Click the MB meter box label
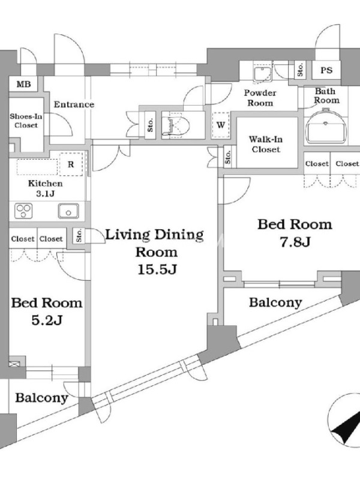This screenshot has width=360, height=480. coord(23,84)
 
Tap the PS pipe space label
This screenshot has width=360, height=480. coord(326,70)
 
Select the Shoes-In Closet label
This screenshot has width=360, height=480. coord(26,121)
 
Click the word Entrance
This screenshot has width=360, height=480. coord(74,104)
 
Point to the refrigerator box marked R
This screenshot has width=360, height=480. coord(71,164)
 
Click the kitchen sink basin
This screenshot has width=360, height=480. coord(68,211)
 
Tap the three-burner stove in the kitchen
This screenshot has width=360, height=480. coord(23,211)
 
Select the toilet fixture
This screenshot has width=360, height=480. coord(175,125)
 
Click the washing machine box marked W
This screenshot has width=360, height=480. coord(221,125)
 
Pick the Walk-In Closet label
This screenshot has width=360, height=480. coord(265,144)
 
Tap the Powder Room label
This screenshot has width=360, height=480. coord(260,98)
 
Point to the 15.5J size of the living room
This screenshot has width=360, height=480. coord(157,269)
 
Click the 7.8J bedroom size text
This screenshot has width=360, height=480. coord(295,242)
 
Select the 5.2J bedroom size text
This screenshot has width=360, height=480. coord(47,320)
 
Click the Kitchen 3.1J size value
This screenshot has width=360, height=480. coord(46,193)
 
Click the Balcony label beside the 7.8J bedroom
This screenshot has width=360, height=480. coord(275,303)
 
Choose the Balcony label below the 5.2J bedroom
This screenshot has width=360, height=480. coord(41,398)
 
